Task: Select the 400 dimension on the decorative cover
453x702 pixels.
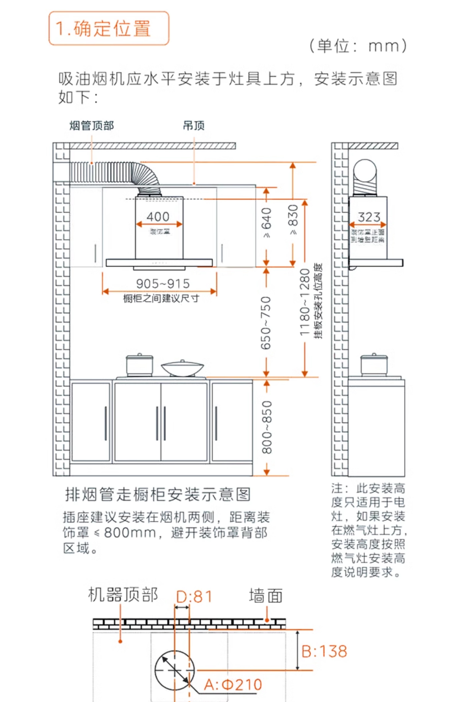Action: [158, 217]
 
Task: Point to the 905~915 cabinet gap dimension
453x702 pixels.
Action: [163, 284]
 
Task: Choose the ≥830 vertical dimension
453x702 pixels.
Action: [293, 219]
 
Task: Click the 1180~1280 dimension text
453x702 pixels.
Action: [305, 302]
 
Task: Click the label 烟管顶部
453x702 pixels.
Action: [92, 126]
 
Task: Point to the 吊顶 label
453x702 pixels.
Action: [194, 126]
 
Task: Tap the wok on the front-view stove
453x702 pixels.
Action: [182, 368]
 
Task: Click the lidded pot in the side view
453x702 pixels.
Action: [374, 365]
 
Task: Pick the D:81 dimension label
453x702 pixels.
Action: [194, 597]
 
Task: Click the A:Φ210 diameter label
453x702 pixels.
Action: [233, 684]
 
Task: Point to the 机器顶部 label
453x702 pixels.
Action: [123, 595]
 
